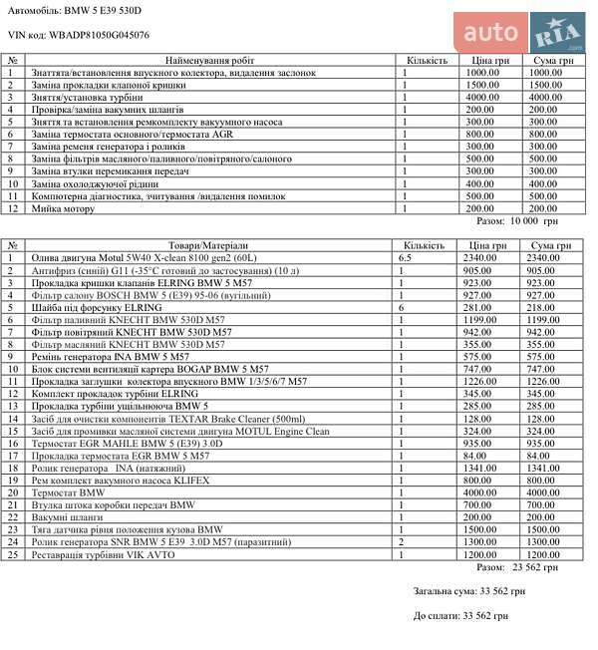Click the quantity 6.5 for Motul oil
click(406, 257)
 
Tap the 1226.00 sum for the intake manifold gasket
click(548, 382)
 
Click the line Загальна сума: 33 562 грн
click(460, 591)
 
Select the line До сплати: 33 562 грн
click(460, 616)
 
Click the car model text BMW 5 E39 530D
click(103, 9)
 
